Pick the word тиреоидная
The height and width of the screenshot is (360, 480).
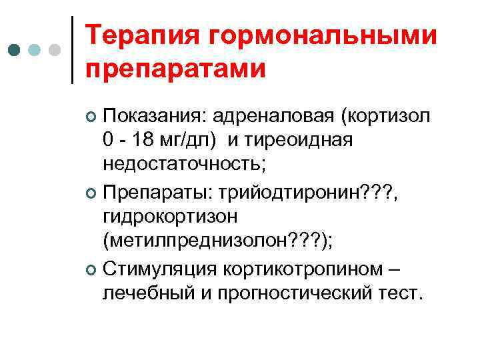point(305,141)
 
